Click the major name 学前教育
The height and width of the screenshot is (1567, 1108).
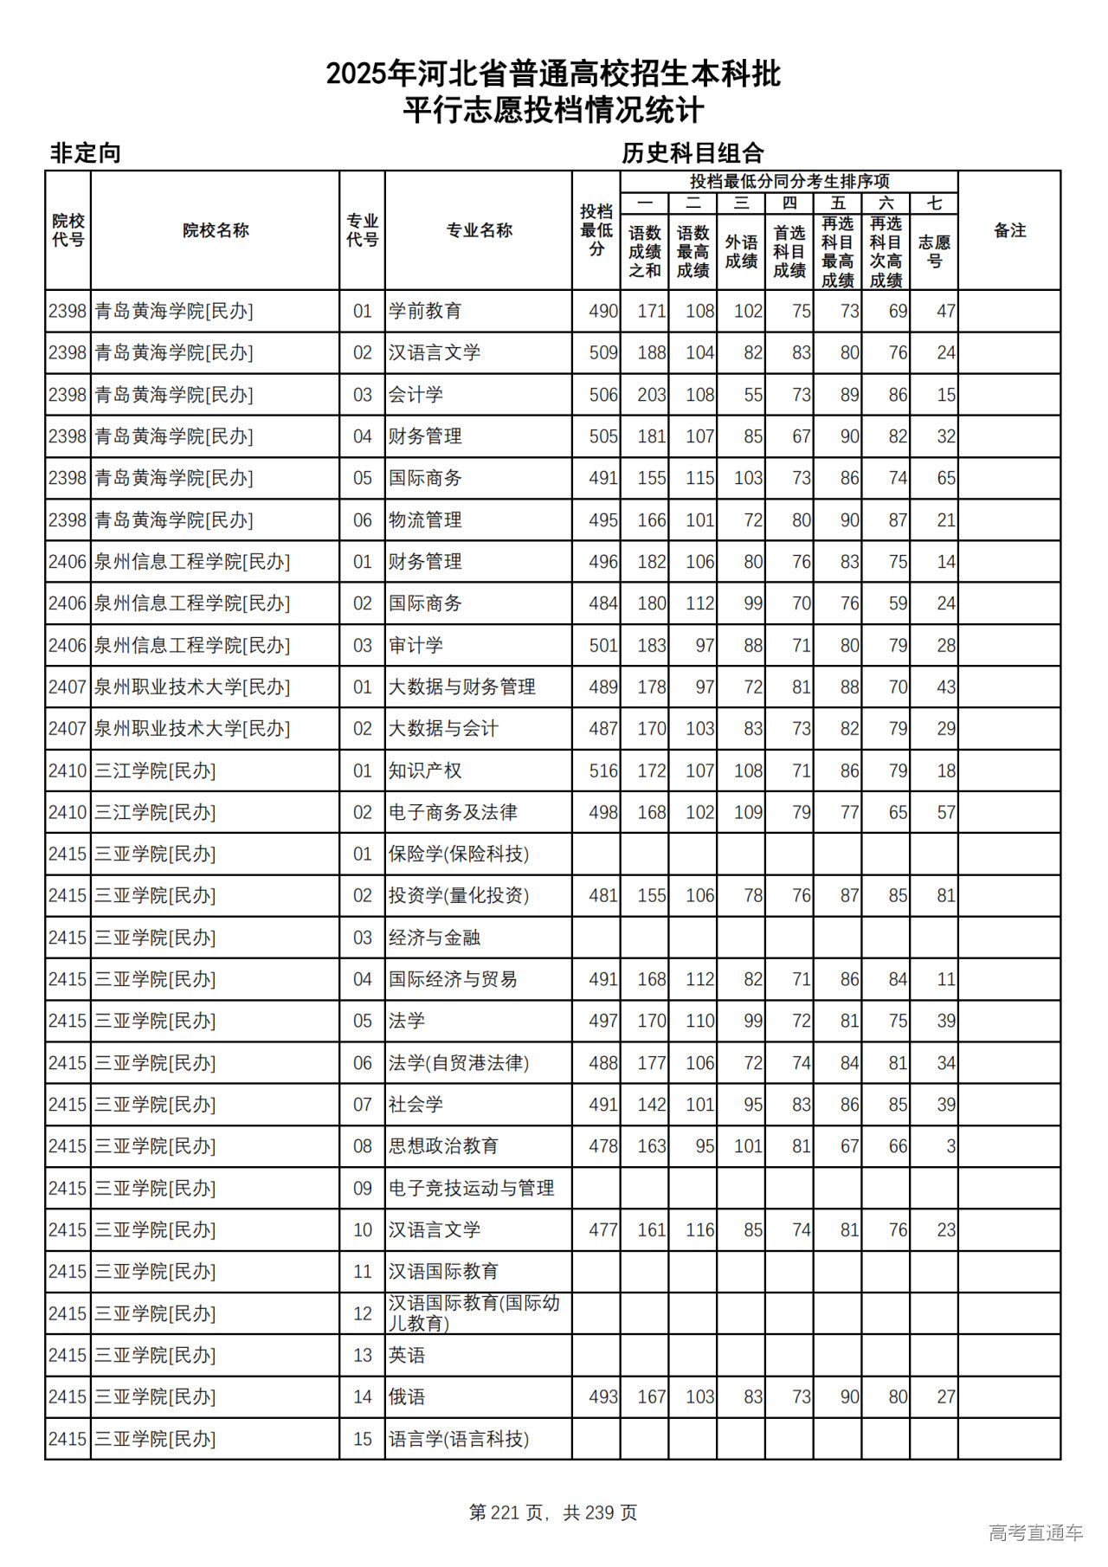pyautogui.click(x=425, y=311)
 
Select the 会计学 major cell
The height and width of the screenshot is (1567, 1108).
pyautogui.click(x=415, y=395)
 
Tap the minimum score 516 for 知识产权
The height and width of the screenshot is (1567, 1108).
pyautogui.click(x=603, y=771)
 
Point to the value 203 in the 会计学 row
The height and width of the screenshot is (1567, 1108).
pyautogui.click(x=652, y=395)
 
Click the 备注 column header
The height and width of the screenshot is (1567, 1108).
pyautogui.click(x=1009, y=230)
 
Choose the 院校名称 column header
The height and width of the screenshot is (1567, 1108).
pyautogui.click(x=216, y=230)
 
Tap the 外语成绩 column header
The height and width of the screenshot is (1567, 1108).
pyautogui.click(x=741, y=251)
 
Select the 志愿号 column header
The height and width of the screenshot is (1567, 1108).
pyautogui.click(x=934, y=251)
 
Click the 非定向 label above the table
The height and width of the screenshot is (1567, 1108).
pyautogui.click(x=85, y=153)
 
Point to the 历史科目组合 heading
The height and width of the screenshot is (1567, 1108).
pyautogui.click(x=692, y=153)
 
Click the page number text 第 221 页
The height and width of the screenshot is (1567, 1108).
pyautogui.click(x=507, y=1512)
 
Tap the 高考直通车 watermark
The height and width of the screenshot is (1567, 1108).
pyautogui.click(x=1035, y=1532)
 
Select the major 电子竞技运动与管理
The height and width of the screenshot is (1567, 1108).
pyautogui.click(x=471, y=1189)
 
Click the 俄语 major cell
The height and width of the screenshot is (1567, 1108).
pyautogui.click(x=407, y=1397)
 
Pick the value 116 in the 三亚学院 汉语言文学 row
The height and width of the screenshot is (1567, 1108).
pyautogui.click(x=700, y=1230)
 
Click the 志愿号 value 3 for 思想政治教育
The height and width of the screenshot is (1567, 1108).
pyautogui.click(x=950, y=1146)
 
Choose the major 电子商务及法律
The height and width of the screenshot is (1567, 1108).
pyautogui.click(x=453, y=812)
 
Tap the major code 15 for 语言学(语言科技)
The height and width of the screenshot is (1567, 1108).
pyautogui.click(x=363, y=1439)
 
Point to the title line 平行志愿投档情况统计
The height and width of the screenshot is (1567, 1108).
pyautogui.click(x=553, y=111)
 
